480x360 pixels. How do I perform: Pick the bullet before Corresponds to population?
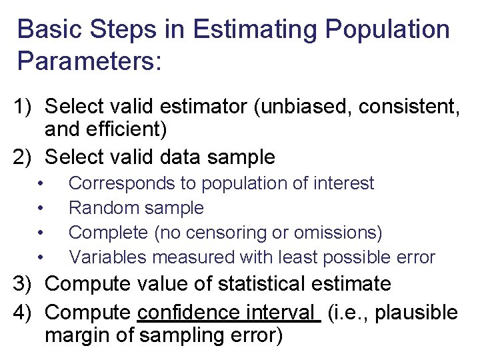[41, 183]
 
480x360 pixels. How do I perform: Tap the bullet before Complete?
[41, 233]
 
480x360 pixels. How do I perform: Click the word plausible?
[417, 312]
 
